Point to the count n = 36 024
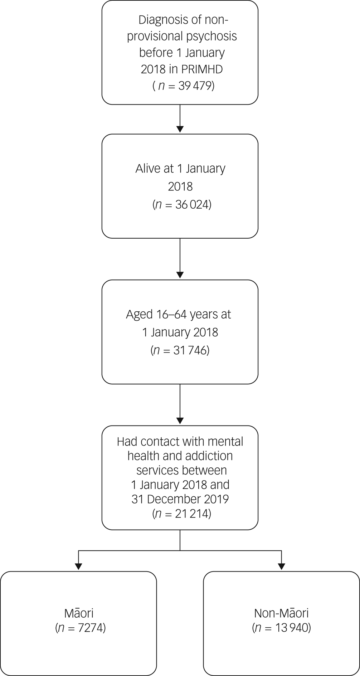pos(182,205)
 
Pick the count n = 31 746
pos(180,350)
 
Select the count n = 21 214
pos(182,514)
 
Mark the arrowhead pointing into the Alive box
pos(180,129)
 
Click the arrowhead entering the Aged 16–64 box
pos(180,275)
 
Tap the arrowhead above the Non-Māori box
pos(282,566)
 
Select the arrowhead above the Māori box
pos(78,566)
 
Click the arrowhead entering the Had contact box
pos(180,420)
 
